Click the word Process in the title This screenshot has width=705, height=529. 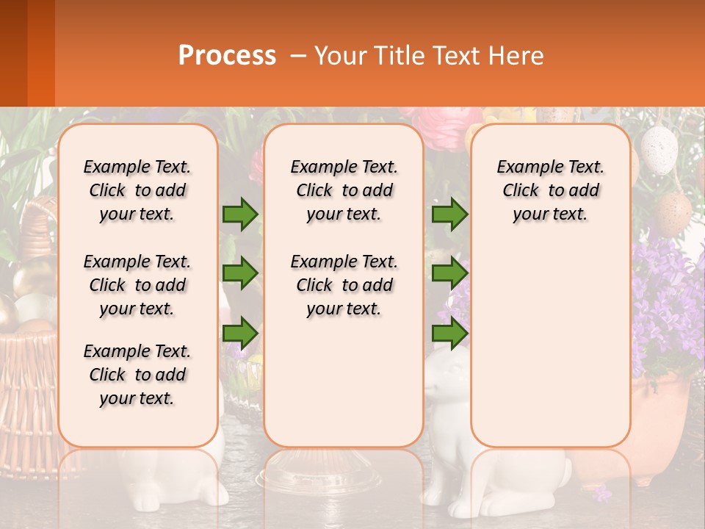227,56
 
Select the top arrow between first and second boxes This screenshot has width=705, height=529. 240,214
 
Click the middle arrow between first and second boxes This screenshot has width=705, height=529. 240,273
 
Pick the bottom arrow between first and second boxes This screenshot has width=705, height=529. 240,334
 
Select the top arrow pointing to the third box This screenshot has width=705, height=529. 449,214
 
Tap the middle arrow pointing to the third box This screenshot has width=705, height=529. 449,273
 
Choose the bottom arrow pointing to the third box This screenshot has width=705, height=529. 449,334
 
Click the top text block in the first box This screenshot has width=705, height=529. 137,190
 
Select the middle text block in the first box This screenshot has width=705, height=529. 137,285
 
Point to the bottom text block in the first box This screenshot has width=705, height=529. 137,375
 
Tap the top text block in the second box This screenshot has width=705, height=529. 344,190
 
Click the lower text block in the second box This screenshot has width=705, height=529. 344,285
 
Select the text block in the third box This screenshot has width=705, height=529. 550,190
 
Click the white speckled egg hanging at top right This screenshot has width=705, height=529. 659,149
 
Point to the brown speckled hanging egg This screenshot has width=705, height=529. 671,213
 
